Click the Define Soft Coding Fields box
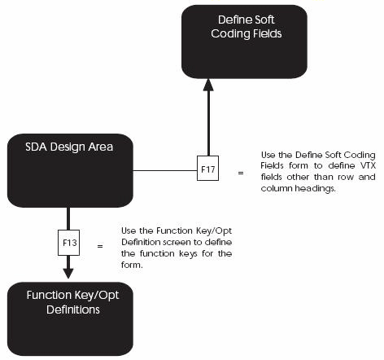tap(244, 42)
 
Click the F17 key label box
tap(208, 171)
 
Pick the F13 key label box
tap(68, 242)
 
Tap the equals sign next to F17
tap(241, 173)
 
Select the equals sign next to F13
tap(100, 244)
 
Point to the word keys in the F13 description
tap(190, 254)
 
